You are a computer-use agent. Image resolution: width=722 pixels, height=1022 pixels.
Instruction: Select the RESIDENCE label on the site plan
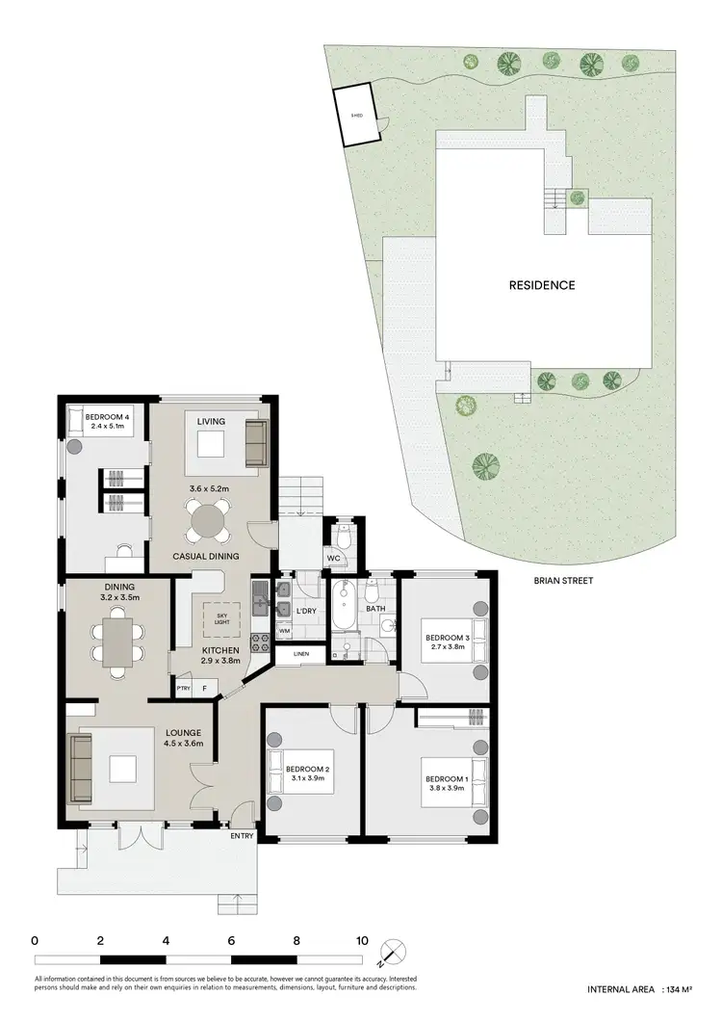point(543,285)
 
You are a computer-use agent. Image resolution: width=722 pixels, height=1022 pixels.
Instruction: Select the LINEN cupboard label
point(301,656)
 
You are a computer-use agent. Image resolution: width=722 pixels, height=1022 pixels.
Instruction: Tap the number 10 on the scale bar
point(362,940)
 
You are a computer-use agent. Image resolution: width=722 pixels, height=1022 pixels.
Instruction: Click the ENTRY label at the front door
point(242,835)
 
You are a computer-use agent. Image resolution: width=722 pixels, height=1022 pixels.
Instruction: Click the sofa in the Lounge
point(80,768)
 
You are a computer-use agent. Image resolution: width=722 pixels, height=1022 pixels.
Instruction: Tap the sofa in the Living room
point(255,442)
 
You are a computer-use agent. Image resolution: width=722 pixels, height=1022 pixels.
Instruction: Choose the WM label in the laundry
point(284,630)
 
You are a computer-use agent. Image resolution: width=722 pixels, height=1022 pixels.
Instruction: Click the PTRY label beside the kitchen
point(183,688)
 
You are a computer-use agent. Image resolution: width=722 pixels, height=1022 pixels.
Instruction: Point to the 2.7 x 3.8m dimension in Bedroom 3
point(446,645)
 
